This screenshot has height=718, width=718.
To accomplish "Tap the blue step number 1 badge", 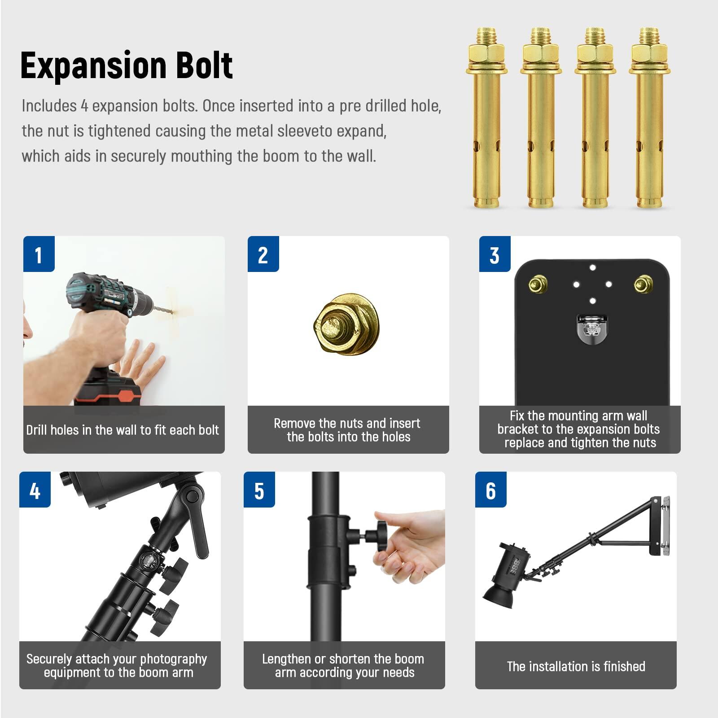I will (x=39, y=254).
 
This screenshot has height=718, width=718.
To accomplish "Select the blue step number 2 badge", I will (x=263, y=254).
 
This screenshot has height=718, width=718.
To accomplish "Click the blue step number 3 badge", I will (x=495, y=254).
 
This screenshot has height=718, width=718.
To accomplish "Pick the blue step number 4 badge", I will (x=35, y=490).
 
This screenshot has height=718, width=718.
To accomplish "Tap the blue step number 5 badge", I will (x=259, y=490).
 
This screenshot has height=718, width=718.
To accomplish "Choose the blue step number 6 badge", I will (x=490, y=490).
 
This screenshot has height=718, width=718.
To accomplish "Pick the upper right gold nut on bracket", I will (x=643, y=284).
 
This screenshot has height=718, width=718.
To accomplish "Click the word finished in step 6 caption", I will (x=624, y=666).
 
